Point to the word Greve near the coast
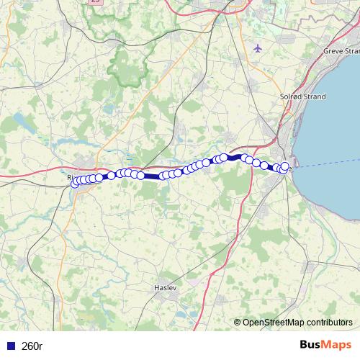click(334, 51)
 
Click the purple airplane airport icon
click(258, 48)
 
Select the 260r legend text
click(32, 346)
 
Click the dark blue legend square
click(10, 346)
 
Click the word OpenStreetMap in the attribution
click(277, 323)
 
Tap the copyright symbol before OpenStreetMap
click(238, 323)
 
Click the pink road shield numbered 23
click(95, 2)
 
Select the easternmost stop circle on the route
click(285, 166)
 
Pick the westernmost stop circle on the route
click(75, 183)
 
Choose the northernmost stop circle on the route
click(224, 157)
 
